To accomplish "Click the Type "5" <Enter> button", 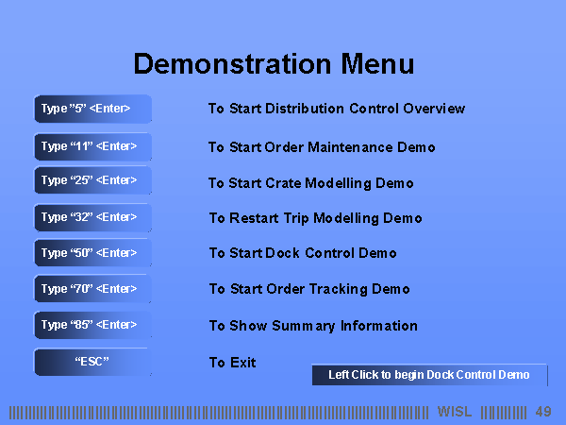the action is click(92, 109).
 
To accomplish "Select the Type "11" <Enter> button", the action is click(92, 146).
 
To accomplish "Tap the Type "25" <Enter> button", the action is click(92, 180).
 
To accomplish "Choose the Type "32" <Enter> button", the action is click(92, 217).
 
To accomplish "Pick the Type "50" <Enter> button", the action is click(92, 252).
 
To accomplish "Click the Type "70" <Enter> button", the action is click(92, 288).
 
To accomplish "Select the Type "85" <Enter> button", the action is click(92, 325).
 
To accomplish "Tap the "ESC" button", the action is click(92, 362).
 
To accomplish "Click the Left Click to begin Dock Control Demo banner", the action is click(429, 375).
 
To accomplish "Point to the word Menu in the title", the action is click(377, 64).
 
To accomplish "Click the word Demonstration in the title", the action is click(232, 64).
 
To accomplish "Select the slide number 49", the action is click(543, 412).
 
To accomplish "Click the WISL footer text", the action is click(455, 412).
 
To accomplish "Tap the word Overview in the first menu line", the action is click(434, 109).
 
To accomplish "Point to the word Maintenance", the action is click(350, 147).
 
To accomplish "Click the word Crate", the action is click(283, 183).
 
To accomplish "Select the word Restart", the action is click(254, 218).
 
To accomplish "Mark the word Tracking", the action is click(339, 289).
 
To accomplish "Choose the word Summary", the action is click(304, 326).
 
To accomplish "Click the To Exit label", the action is click(233, 363).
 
